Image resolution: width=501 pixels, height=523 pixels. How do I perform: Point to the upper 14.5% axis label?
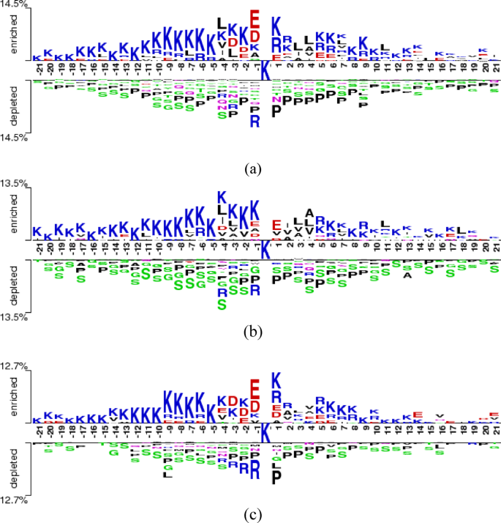pos(14,6)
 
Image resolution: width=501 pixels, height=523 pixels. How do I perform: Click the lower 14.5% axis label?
pos(14,136)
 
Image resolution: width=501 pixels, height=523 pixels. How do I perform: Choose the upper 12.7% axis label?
pos(14,366)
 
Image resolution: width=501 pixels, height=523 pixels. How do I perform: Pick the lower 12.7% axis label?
pos(14,500)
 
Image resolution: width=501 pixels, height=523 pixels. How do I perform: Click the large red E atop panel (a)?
pos(254,18)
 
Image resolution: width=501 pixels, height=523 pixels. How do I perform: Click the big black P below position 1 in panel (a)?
pos(276,111)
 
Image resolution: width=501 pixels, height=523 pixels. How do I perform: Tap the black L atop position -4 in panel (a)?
pos(222,26)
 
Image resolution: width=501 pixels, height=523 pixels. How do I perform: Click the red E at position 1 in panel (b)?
pos(276,225)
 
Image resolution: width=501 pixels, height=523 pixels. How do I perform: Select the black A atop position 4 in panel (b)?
pos(309,214)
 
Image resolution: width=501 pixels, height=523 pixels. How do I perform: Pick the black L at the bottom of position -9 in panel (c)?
pos(167,475)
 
